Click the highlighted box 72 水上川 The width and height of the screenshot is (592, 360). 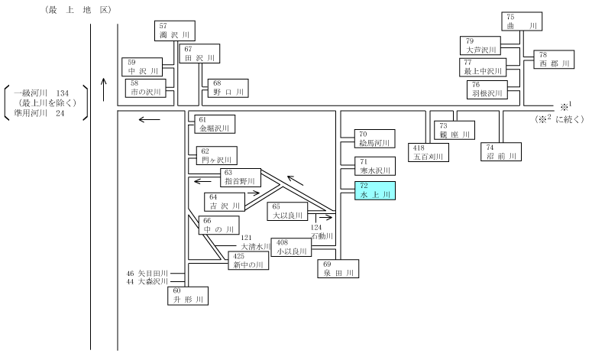pyautogui.click(x=375, y=191)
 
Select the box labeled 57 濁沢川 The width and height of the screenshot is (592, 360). pyautogui.click(x=175, y=31)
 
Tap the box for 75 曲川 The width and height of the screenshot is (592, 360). pyautogui.click(x=522, y=21)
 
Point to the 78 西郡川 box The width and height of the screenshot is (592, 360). pyautogui.click(x=554, y=60)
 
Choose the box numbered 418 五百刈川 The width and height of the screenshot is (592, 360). pyautogui.click(x=429, y=153)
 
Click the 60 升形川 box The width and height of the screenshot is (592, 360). pyautogui.click(x=188, y=296)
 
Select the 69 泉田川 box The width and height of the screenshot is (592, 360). pyautogui.click(x=338, y=268)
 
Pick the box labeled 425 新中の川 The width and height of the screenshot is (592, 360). pyautogui.click(x=248, y=261)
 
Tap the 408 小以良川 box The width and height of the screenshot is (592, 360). pyautogui.click(x=291, y=248)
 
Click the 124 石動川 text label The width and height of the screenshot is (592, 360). pyautogui.click(x=322, y=232)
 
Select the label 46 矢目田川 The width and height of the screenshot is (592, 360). pyautogui.click(x=147, y=273)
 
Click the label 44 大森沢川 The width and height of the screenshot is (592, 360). pyautogui.click(x=147, y=281)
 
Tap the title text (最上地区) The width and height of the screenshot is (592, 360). pyautogui.click(x=78, y=10)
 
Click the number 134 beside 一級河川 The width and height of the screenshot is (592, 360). pyautogui.click(x=63, y=93)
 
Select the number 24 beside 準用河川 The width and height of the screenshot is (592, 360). pyautogui.click(x=60, y=113)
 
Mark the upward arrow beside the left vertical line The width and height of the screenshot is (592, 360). pyautogui.click(x=104, y=89)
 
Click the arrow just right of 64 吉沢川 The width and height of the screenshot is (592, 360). pyautogui.click(x=254, y=193)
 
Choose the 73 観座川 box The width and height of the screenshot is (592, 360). pyautogui.click(x=455, y=131)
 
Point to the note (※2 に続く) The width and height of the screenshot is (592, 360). pyautogui.click(x=559, y=118)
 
